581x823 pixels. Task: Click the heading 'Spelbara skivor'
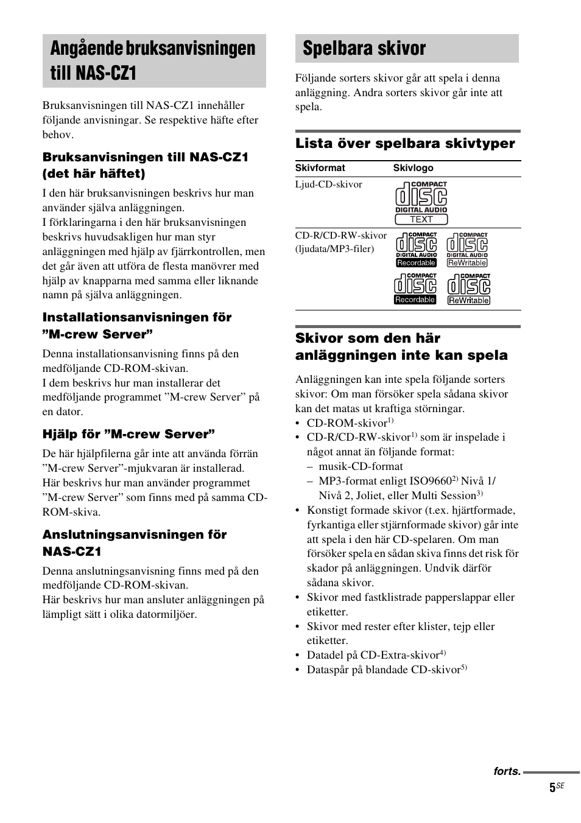coord(364,49)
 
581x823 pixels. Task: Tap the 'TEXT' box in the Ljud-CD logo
coord(421,219)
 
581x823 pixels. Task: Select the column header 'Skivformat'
coord(320,168)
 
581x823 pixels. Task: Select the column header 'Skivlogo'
coord(413,168)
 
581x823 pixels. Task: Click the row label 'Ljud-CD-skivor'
coord(328,184)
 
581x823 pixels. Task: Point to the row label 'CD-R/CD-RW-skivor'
coord(340,236)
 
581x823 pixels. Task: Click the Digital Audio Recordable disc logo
coord(417,250)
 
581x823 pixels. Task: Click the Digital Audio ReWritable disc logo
coord(467,250)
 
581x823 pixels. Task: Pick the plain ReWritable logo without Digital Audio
coord(468,289)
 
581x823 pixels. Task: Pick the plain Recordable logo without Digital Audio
coord(415,289)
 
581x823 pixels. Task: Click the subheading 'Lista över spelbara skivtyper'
coord(405,144)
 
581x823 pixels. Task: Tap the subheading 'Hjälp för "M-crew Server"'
coord(129,434)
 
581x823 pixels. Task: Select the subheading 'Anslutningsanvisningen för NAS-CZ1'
coord(134,543)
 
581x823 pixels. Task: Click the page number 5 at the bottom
coord(552,788)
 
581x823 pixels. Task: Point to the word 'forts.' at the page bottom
coord(507,771)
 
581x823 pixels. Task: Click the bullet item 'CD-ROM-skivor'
coord(347,423)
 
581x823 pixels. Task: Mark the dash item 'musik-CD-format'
coord(361,466)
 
